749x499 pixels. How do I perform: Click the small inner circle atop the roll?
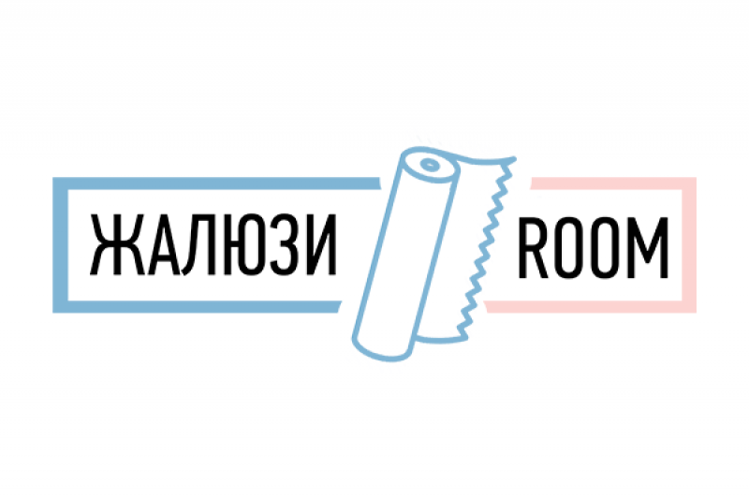pos(428,166)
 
